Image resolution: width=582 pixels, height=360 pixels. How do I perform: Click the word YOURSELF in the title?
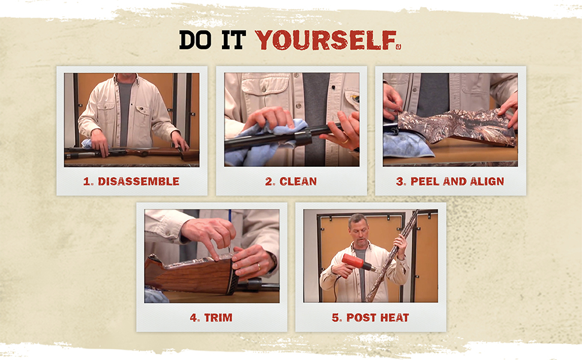coord(326,40)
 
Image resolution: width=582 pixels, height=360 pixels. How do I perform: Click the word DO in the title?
coord(195,40)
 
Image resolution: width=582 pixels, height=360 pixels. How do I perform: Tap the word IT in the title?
coord(234,40)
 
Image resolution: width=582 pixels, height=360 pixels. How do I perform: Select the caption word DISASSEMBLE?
coord(139,181)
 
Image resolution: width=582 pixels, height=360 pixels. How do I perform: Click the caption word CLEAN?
coord(298,181)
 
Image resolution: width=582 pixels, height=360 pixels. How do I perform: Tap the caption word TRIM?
coord(218,317)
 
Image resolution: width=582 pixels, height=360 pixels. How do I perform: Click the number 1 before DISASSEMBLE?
coord(87,181)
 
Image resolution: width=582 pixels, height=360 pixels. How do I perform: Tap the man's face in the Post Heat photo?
coord(358,231)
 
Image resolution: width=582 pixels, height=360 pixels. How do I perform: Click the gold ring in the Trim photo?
coord(259,266)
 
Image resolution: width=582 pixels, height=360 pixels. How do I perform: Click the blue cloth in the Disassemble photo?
coord(88,143)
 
